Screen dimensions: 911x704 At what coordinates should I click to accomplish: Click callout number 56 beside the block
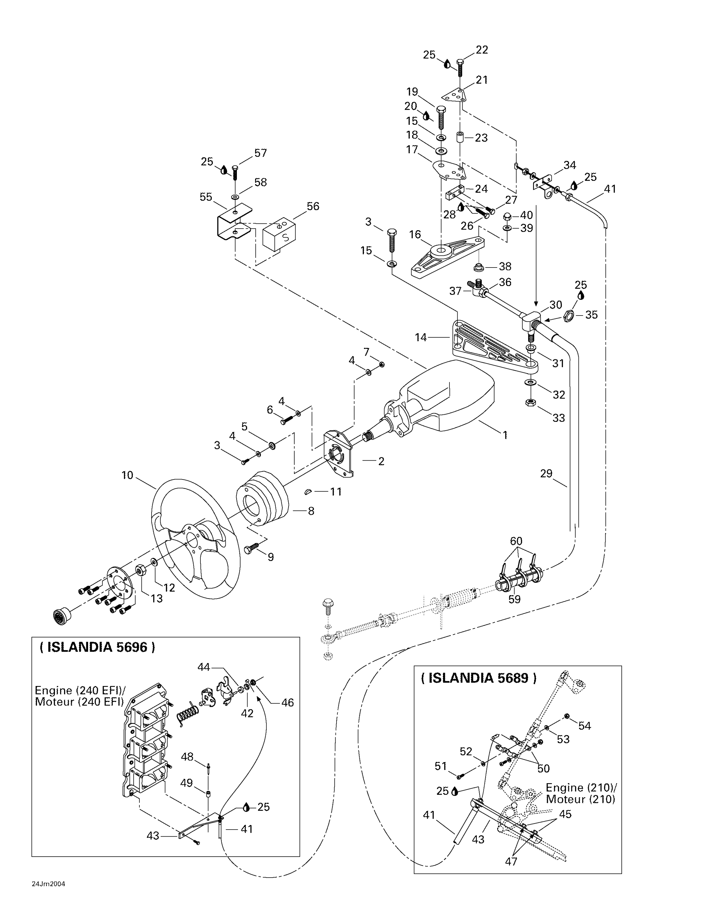[313, 206]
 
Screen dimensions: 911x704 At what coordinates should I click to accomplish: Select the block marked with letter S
[280, 236]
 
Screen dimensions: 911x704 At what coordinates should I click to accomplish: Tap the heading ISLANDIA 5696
[97, 647]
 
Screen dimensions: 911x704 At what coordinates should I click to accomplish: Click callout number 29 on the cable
[546, 473]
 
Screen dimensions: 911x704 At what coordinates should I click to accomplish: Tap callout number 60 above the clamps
[516, 541]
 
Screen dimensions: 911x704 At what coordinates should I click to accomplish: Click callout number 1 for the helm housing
[505, 435]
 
